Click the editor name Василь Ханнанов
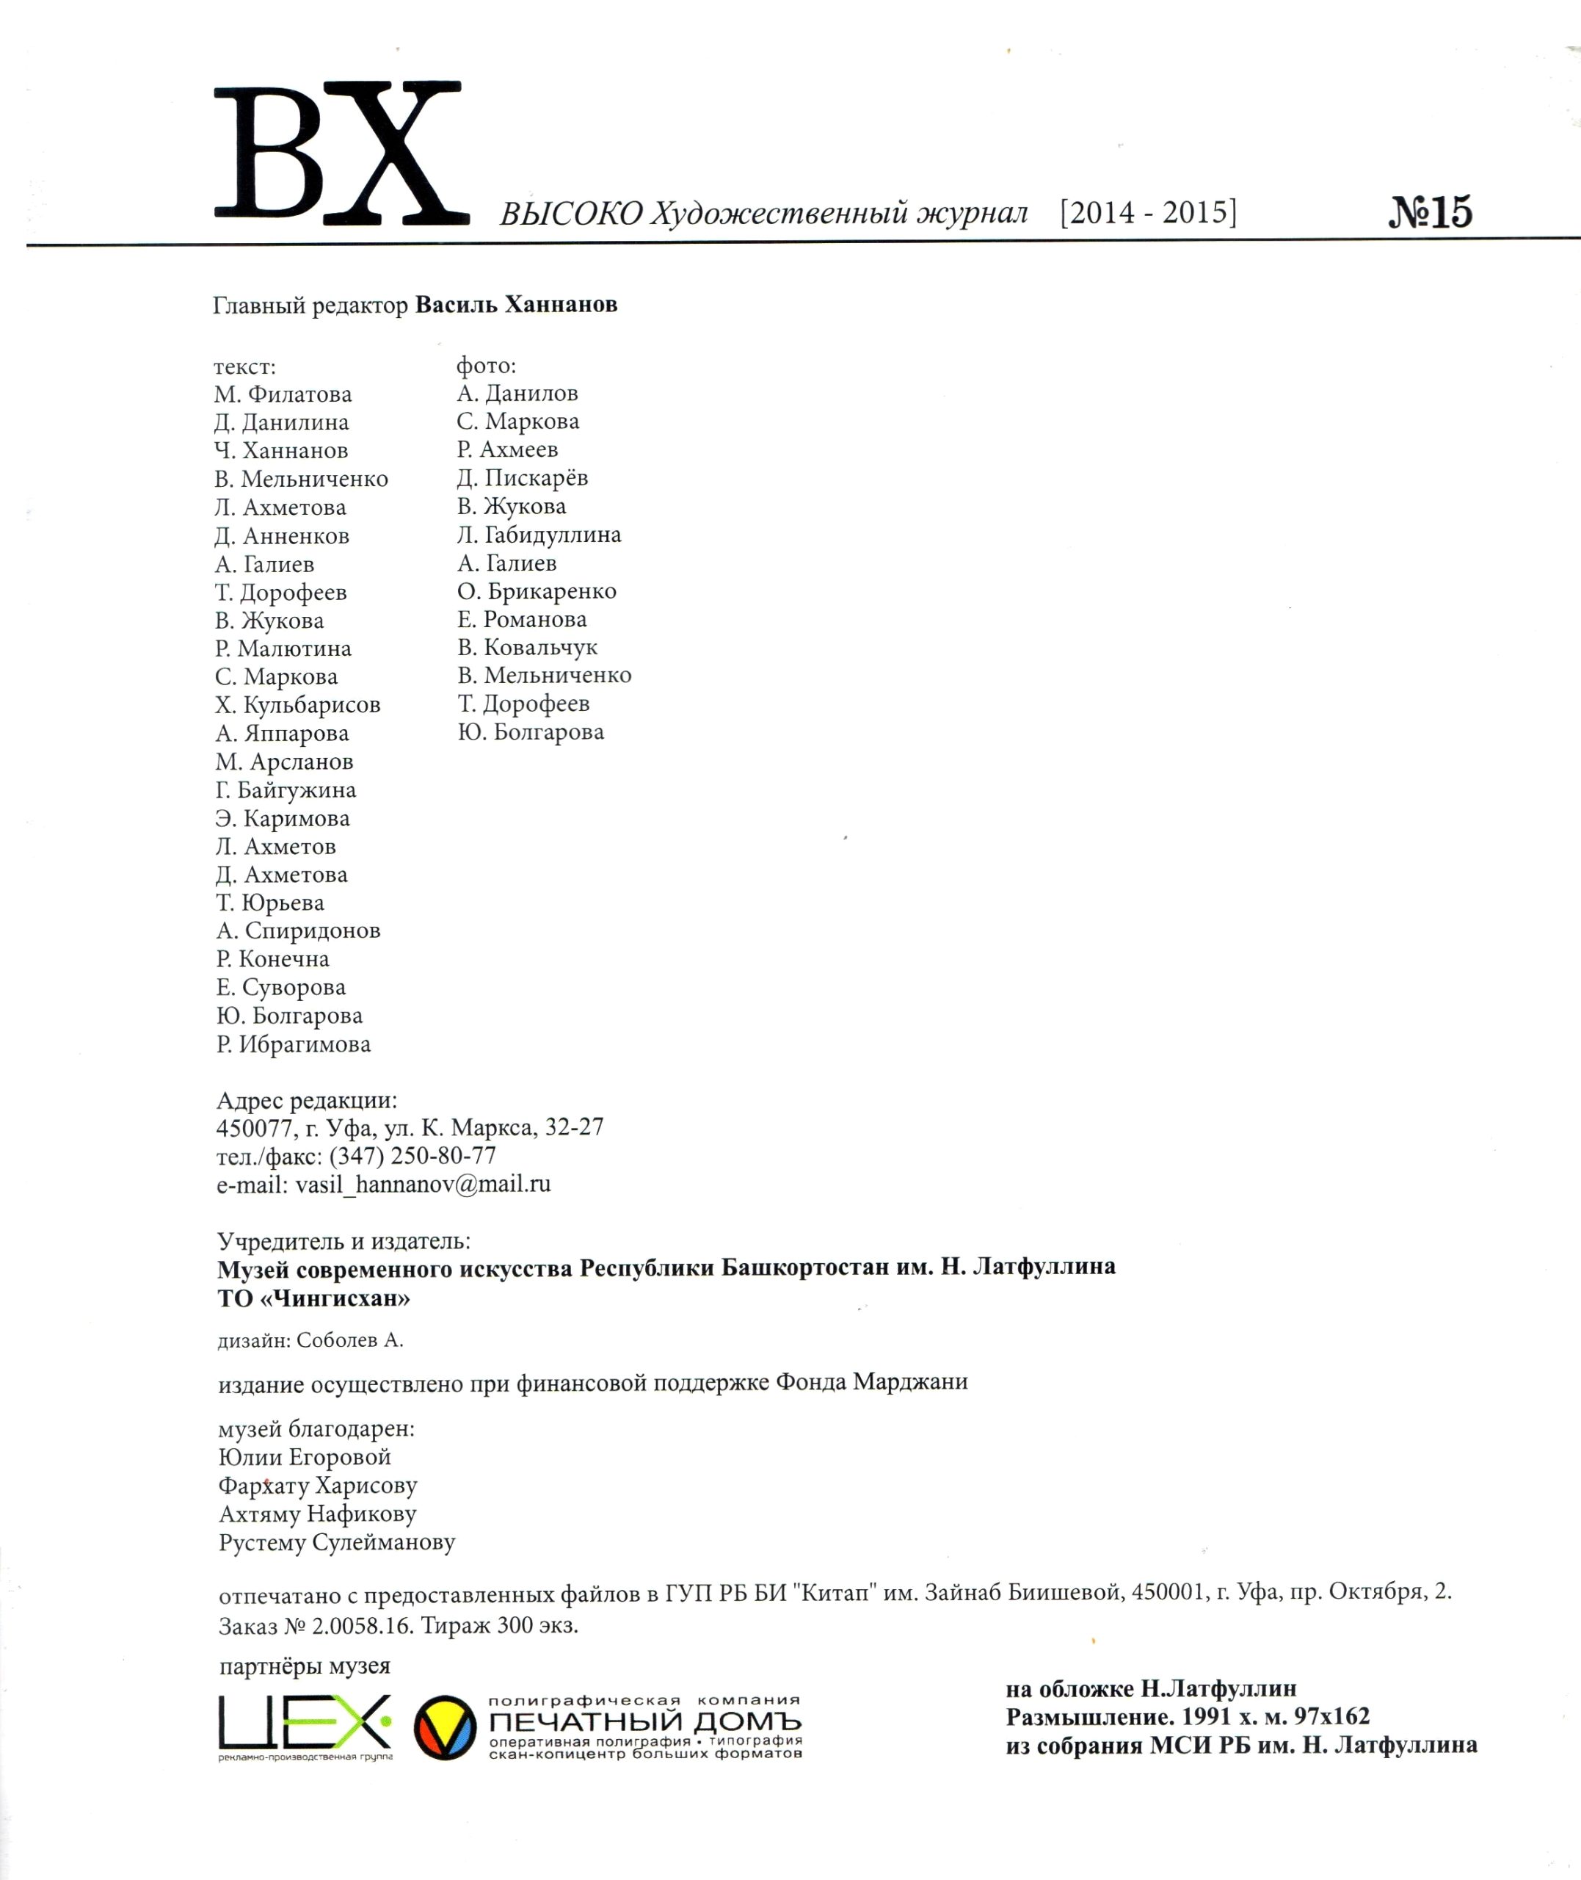click(x=516, y=305)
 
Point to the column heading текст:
click(x=244, y=366)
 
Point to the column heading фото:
click(x=487, y=366)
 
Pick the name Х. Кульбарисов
click(x=297, y=706)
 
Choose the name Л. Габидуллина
click(x=539, y=535)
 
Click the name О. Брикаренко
click(x=536, y=592)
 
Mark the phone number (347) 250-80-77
click(x=412, y=1156)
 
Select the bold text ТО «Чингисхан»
click(x=313, y=1298)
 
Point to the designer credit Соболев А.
click(x=349, y=1341)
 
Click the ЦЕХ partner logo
click(x=305, y=1722)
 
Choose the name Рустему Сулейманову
click(x=337, y=1543)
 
